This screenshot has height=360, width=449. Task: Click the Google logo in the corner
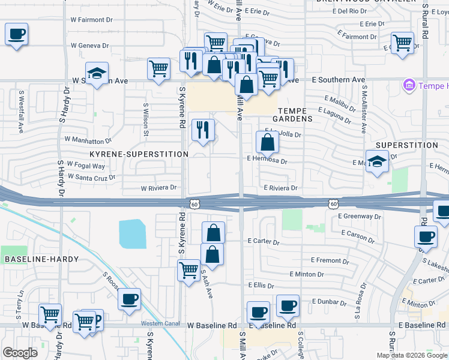coord(20,353)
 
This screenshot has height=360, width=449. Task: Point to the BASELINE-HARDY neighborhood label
coord(41,259)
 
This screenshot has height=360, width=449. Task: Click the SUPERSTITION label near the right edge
coord(406,145)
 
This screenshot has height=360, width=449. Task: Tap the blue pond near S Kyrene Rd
coord(133,234)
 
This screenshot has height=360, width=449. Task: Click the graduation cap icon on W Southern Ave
coord(97,74)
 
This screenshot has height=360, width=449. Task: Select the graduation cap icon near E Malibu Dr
coord(376,161)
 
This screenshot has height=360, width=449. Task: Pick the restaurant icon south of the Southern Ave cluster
coord(203,130)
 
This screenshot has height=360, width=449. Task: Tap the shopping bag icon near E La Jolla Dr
coord(267,142)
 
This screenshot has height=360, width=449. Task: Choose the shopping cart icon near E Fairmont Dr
coord(402,43)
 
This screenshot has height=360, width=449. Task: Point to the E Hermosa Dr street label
coord(267,161)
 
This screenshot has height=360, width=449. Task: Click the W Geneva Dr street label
coord(90,45)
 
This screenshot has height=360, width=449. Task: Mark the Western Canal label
coord(157,324)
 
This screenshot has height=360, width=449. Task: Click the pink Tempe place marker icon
coord(410,85)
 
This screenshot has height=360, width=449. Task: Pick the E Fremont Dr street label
coord(326,260)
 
